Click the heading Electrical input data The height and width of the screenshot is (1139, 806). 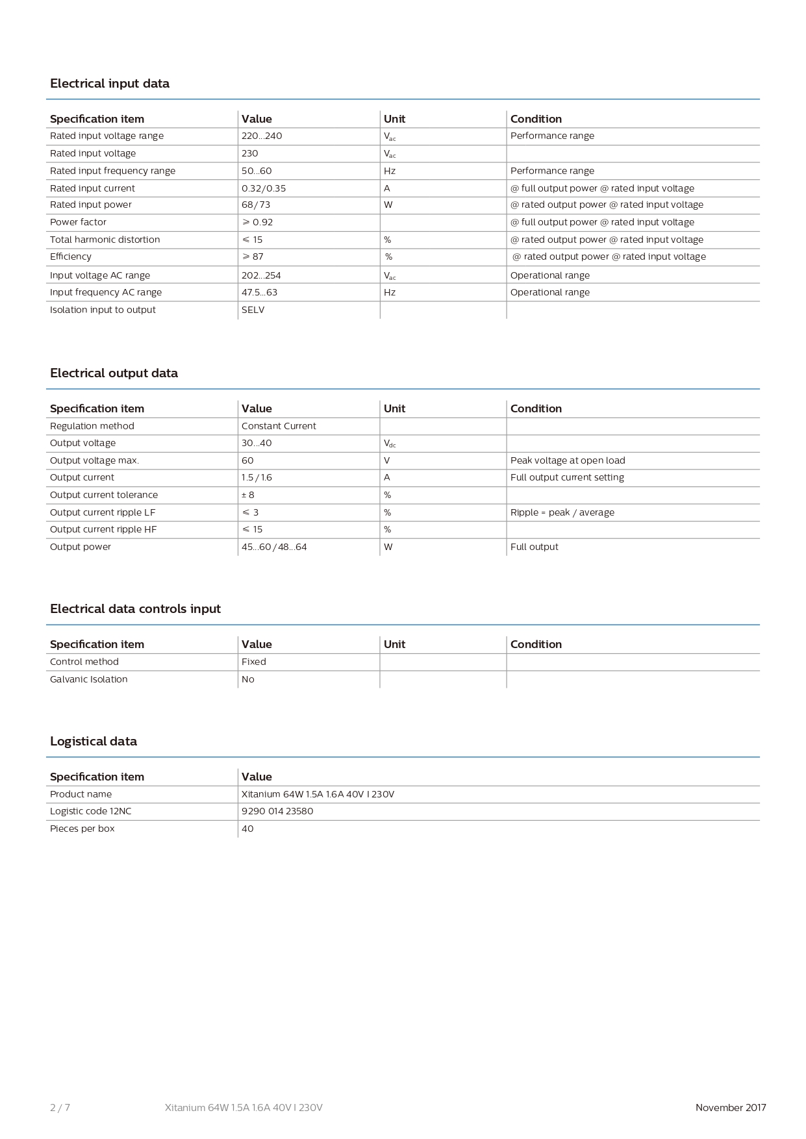click(109, 84)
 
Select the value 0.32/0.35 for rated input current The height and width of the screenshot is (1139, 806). click(263, 188)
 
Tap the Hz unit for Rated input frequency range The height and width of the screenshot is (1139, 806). click(390, 171)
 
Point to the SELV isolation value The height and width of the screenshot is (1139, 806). click(253, 310)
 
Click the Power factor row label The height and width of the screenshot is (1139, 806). click(78, 222)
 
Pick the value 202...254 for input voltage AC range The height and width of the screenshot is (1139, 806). click(261, 275)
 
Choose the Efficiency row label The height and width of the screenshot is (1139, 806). click(70, 257)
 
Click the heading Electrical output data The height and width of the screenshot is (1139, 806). click(114, 373)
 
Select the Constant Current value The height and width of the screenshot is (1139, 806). click(279, 426)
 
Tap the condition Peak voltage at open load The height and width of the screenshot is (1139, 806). click(568, 460)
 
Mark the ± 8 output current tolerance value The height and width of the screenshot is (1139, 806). click(248, 495)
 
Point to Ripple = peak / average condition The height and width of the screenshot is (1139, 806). click(562, 512)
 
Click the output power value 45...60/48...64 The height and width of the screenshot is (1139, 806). click(274, 547)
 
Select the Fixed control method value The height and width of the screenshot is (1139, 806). click(253, 662)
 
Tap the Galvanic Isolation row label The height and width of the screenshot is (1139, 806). click(88, 679)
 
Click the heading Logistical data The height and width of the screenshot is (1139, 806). click(94, 742)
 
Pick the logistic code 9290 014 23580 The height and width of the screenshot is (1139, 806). click(277, 811)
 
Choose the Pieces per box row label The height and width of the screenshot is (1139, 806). click(82, 829)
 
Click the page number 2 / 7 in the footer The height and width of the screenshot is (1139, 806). click(60, 1108)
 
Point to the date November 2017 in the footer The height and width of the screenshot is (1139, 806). click(731, 1108)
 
